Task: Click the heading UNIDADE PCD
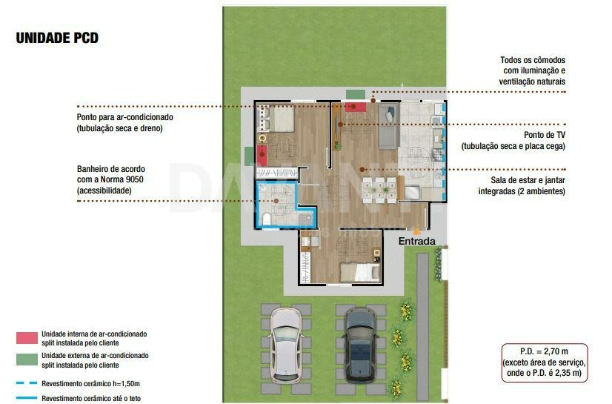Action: (57, 38)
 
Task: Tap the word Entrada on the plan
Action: (417, 241)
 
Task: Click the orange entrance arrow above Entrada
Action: (417, 231)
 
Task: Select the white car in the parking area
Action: (286, 345)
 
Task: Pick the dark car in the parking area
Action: (361, 345)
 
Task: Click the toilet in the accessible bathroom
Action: (267, 219)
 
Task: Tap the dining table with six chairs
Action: (380, 190)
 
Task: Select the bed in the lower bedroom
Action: (360, 272)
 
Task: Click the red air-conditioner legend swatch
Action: (27, 338)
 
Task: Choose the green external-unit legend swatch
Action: (27, 360)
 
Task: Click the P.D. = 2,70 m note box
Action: (545, 362)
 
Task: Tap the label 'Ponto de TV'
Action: (545, 135)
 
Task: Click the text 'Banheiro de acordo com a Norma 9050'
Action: (111, 174)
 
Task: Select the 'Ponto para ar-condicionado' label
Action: (125, 117)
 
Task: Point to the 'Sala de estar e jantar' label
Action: (528, 180)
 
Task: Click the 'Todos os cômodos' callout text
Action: (533, 60)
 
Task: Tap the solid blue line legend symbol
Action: (27, 398)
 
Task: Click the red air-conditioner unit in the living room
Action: (355, 107)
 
